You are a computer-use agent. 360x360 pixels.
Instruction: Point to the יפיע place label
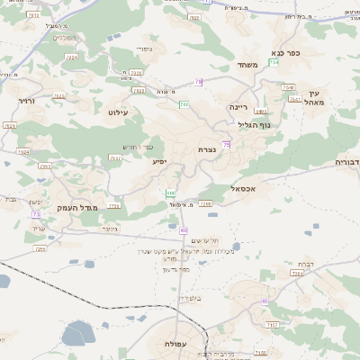coord(158,161)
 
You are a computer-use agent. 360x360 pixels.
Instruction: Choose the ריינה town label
coord(238,106)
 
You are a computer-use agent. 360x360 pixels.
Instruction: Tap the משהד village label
coord(247,65)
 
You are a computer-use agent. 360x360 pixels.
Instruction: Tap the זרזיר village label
coord(25,101)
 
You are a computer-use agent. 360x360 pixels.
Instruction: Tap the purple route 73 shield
coord(36,215)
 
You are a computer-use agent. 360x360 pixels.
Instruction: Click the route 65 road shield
coord(265,302)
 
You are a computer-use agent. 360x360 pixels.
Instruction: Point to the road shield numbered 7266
coord(206,204)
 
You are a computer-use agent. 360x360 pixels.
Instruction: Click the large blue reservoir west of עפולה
coord(79,335)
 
